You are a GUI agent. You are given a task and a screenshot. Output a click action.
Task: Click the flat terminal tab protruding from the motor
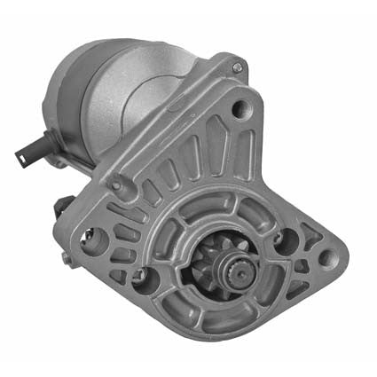click(x=25, y=152)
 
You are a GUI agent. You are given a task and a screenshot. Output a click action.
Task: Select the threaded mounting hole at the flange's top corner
click(x=239, y=109)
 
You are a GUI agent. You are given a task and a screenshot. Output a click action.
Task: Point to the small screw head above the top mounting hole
click(x=236, y=67)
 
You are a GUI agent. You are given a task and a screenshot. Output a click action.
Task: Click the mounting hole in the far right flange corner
click(x=326, y=259)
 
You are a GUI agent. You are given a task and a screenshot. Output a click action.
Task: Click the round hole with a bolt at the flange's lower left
click(x=138, y=276)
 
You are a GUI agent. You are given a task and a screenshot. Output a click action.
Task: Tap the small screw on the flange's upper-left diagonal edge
click(x=114, y=185)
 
